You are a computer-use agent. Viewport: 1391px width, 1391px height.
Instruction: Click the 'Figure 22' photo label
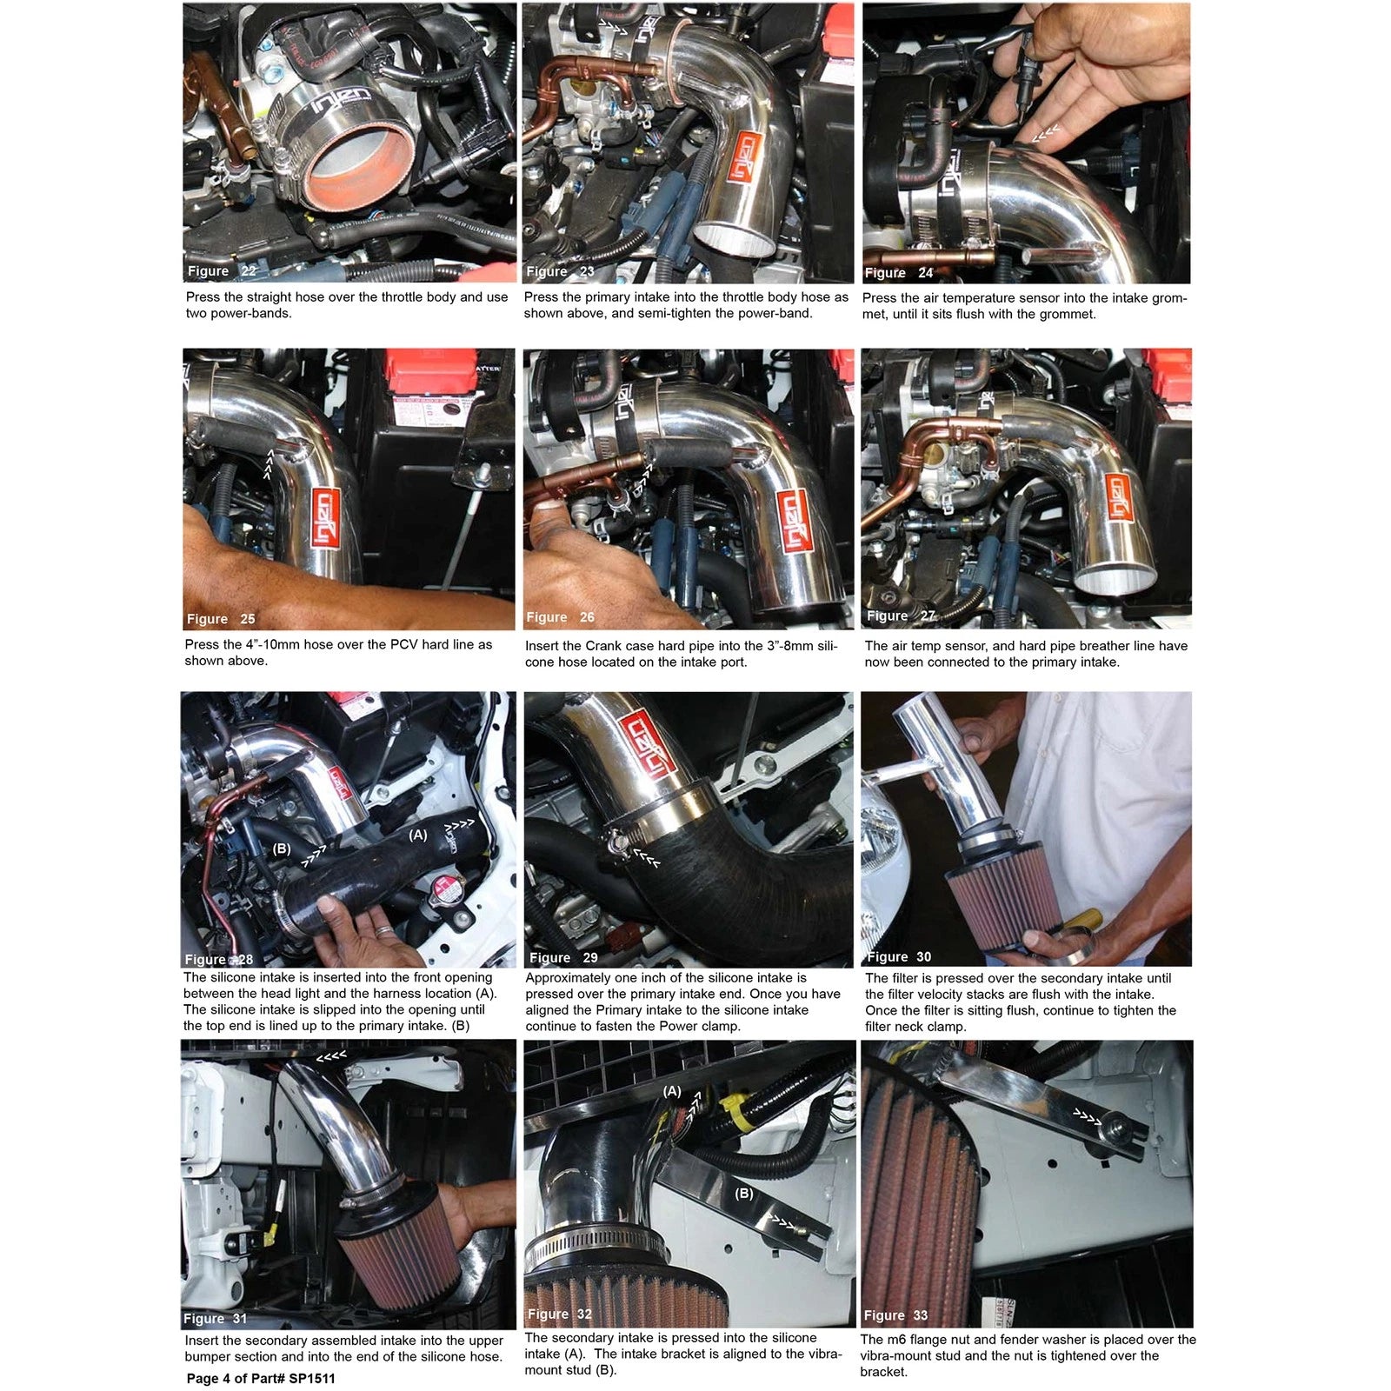[x=222, y=270]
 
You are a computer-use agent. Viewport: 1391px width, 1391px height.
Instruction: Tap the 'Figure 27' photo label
[x=900, y=616]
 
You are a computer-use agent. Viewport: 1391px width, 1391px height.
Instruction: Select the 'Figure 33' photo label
[x=895, y=1315]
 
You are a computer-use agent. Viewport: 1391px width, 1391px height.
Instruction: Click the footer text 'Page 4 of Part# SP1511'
[x=260, y=1378]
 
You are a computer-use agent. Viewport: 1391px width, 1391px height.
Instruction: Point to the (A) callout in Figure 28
[x=418, y=835]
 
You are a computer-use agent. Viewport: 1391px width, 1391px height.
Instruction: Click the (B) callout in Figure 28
[x=282, y=849]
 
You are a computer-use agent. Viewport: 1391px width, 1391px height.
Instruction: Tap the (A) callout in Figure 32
[x=672, y=1090]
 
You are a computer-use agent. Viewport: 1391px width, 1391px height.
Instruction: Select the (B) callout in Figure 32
[x=744, y=1193]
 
